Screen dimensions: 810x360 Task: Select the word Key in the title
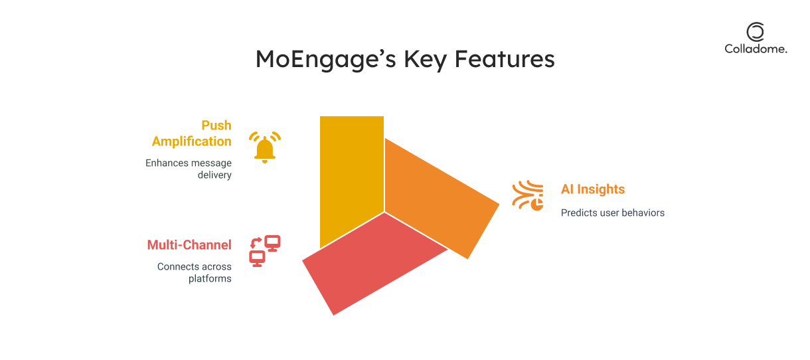425,59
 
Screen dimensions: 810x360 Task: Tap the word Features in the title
505,58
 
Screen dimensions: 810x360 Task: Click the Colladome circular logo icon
756,31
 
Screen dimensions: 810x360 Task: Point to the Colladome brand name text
756,48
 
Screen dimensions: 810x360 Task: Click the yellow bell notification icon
265,147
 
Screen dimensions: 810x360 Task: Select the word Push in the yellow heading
216,125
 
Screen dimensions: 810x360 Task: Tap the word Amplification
192,141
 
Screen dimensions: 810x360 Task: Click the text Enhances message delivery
189,169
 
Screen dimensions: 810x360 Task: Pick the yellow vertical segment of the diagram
351,173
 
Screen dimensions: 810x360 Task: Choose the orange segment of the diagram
441,197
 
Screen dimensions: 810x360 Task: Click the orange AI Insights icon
528,195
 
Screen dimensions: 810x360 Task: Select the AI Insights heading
593,189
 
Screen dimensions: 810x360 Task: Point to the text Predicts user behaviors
613,213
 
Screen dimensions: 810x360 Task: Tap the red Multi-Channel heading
189,245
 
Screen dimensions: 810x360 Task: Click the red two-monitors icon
265,251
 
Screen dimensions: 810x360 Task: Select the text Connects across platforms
194,272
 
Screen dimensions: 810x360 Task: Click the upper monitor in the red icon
272,243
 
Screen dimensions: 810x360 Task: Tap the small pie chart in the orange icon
537,204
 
